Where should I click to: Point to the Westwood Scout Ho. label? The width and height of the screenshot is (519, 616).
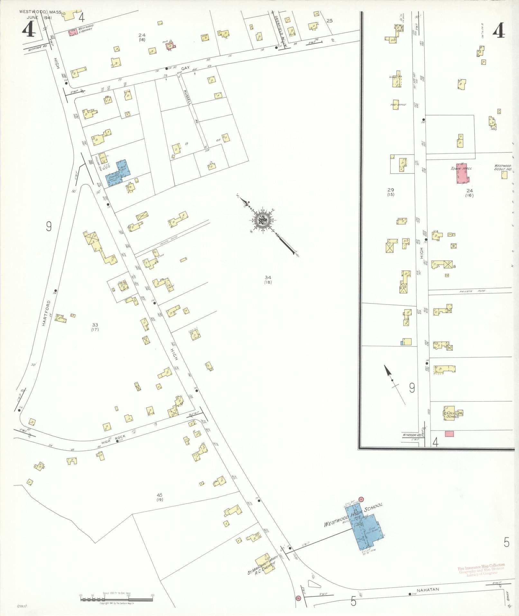click(503, 167)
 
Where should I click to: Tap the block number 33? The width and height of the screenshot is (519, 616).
click(95, 325)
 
